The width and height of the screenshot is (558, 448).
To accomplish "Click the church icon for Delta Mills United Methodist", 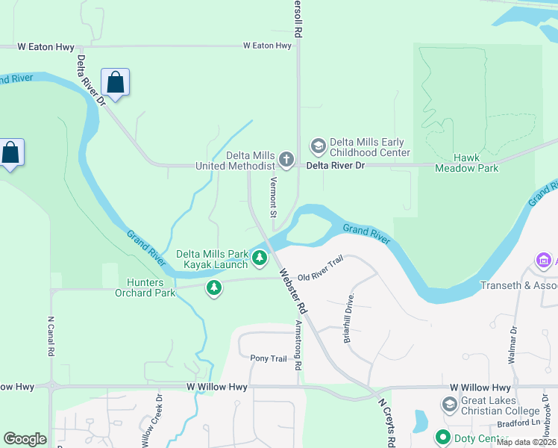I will (x=286, y=160).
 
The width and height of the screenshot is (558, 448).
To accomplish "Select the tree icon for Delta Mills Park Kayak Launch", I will (x=259, y=259).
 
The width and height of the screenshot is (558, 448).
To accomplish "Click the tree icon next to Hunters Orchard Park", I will (x=214, y=287).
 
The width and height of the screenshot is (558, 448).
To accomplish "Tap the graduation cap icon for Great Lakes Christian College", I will (x=450, y=405).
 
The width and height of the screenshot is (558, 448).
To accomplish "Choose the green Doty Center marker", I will (x=443, y=438).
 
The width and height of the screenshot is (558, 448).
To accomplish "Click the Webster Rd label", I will (x=292, y=291).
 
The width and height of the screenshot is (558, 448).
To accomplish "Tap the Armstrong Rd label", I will (x=298, y=346).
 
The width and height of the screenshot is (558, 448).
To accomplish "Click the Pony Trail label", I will (x=268, y=359).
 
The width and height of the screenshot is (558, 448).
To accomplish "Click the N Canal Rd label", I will (x=51, y=337).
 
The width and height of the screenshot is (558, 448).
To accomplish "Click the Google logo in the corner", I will (x=25, y=439).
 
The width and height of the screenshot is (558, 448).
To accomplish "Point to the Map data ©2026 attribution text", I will (x=526, y=442).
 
